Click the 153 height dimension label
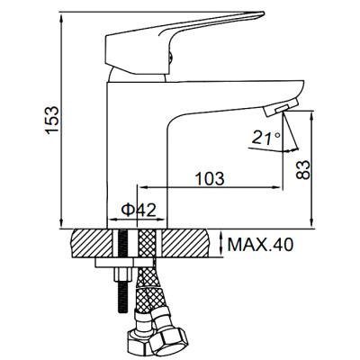pyautogui.click(x=51, y=120)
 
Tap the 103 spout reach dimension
pyautogui.click(x=210, y=179)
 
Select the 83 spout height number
pyautogui.click(x=302, y=170)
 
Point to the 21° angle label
pyautogui.click(x=266, y=138)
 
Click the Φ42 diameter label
pyautogui.click(x=139, y=210)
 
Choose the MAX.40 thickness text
pyautogui.click(x=260, y=245)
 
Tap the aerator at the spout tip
pyautogui.click(x=281, y=109)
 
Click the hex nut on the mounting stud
pyautogui.click(x=122, y=274)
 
